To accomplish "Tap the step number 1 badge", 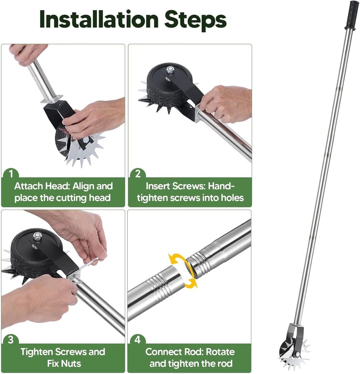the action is [x=11, y=174].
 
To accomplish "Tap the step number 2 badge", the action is [x=138, y=174].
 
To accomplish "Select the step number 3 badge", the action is [x=11, y=340].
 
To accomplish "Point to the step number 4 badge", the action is [x=138, y=340].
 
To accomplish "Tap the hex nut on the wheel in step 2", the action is [x=170, y=69].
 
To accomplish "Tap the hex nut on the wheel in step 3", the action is [x=37, y=236].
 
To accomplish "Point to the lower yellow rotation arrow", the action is [x=190, y=282].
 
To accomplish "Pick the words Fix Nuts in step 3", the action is [x=64, y=364].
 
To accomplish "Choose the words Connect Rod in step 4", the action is [x=174, y=352].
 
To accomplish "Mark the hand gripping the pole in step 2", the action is [x=225, y=103].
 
